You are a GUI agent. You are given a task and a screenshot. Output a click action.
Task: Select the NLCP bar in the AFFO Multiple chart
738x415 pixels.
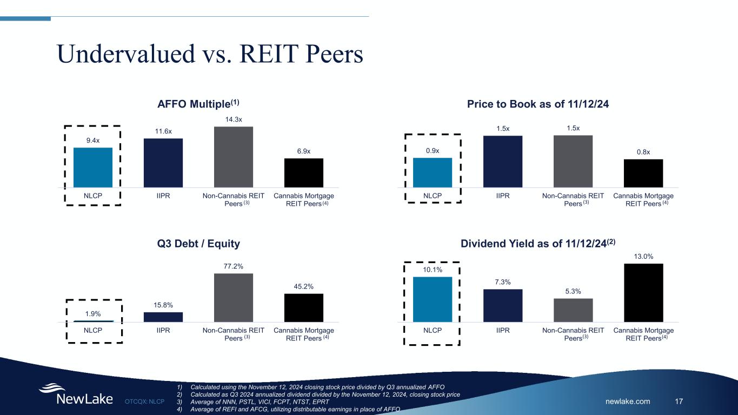93,168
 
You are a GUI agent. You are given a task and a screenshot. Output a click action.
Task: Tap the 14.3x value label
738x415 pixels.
234,118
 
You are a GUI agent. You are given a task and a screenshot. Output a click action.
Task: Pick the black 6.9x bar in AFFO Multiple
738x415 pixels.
304,173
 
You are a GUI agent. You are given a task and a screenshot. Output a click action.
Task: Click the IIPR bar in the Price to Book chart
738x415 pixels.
503,162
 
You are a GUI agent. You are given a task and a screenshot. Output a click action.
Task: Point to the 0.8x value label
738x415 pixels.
643,152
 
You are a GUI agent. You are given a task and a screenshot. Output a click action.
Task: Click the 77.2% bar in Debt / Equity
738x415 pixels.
234,297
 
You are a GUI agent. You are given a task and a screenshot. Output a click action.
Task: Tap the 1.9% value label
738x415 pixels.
93,314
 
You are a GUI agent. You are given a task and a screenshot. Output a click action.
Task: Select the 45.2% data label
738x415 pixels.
304,286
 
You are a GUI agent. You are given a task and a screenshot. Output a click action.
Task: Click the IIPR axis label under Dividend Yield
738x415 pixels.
503,330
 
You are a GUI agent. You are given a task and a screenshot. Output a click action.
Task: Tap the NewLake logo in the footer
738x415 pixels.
76,394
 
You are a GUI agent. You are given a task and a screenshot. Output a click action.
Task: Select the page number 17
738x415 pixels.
679,401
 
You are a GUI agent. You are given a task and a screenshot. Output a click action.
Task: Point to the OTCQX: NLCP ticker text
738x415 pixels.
144,401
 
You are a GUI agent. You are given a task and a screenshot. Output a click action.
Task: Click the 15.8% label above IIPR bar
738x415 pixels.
163,305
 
